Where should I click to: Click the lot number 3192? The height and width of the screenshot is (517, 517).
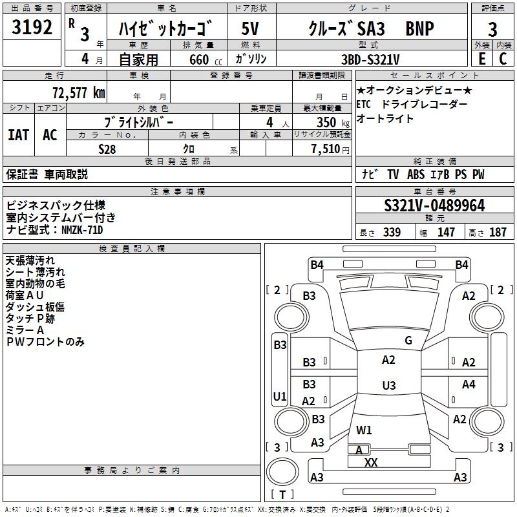pos(32,28)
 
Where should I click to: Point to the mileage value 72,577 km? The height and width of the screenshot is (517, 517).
pos(78,92)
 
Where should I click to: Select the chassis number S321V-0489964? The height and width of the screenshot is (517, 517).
pos(434,206)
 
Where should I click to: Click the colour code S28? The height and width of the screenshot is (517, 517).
pos(107,149)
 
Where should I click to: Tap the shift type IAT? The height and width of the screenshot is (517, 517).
pos(18,135)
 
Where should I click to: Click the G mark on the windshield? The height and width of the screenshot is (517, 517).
pos(408,341)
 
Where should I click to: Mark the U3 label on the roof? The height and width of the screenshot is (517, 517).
pos(388,386)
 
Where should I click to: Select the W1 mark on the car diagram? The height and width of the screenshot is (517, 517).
pos(364,430)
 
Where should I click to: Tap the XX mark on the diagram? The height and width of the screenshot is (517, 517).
pos(371,462)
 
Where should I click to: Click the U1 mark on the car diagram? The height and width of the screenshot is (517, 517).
pos(279,396)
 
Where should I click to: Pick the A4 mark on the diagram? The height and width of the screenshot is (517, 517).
pos(469,385)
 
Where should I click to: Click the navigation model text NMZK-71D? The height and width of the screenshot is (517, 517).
pos(82,229)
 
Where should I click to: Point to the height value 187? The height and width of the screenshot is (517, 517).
pos(498,233)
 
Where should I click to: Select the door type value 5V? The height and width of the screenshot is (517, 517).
pos(250,28)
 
